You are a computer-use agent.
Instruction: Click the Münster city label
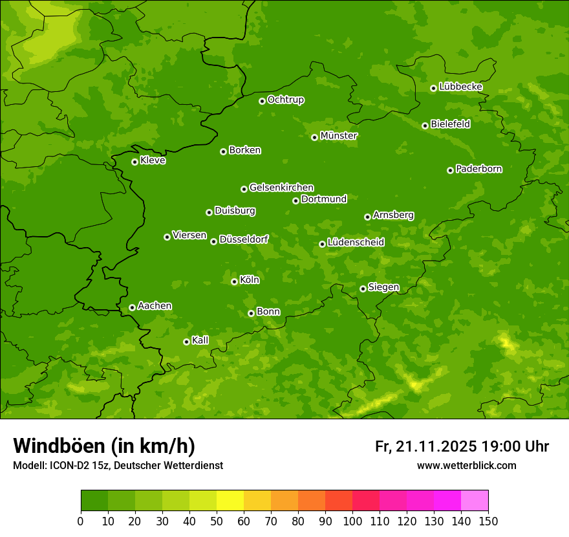point(339,136)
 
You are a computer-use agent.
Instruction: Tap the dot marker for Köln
point(234,281)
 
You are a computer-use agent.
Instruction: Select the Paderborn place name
point(478,169)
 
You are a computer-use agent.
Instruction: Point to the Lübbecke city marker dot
point(433,88)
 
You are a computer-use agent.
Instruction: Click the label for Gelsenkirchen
point(281,188)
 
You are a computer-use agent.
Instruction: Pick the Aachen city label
point(155,305)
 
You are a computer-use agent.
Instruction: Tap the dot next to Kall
point(186,342)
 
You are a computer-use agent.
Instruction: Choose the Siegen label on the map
point(383,287)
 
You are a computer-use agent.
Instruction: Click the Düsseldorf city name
point(244,239)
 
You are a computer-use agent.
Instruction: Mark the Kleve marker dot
point(134,162)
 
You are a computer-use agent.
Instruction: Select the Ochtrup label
point(286,100)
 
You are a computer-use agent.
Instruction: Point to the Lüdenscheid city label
point(356,243)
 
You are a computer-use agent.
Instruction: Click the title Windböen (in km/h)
point(104,446)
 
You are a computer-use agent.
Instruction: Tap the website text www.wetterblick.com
point(466,465)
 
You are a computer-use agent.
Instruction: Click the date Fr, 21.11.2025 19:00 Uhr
point(462,446)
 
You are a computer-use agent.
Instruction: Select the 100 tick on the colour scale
point(352,521)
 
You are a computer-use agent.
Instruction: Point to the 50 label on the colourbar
point(217,521)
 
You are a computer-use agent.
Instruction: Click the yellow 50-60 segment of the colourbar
point(230,501)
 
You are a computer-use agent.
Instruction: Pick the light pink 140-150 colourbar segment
point(475,501)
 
